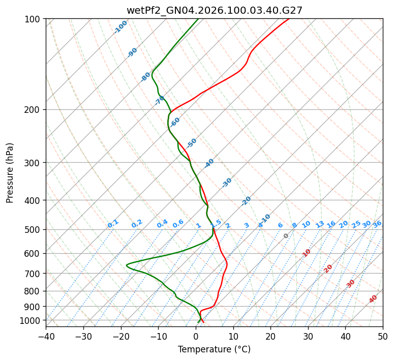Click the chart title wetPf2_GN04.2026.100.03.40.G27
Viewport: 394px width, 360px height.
[x=214, y=10]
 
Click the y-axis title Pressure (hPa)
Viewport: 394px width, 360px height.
[x=10, y=172]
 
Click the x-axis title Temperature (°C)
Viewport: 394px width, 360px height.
[x=214, y=349]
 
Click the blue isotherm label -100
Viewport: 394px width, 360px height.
[x=120, y=27]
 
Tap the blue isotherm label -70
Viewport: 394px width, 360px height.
[x=160, y=100]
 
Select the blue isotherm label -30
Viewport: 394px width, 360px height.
[x=227, y=183]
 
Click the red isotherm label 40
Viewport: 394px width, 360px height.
[x=373, y=299]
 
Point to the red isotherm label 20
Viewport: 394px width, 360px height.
[x=328, y=268]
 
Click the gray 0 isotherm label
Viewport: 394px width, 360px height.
[x=286, y=236]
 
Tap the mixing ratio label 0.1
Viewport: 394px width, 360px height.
[x=113, y=224]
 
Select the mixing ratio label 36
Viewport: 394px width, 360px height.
[x=377, y=224]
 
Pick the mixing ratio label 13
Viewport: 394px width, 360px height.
[x=320, y=224]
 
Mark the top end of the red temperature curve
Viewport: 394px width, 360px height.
[x=289, y=19]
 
